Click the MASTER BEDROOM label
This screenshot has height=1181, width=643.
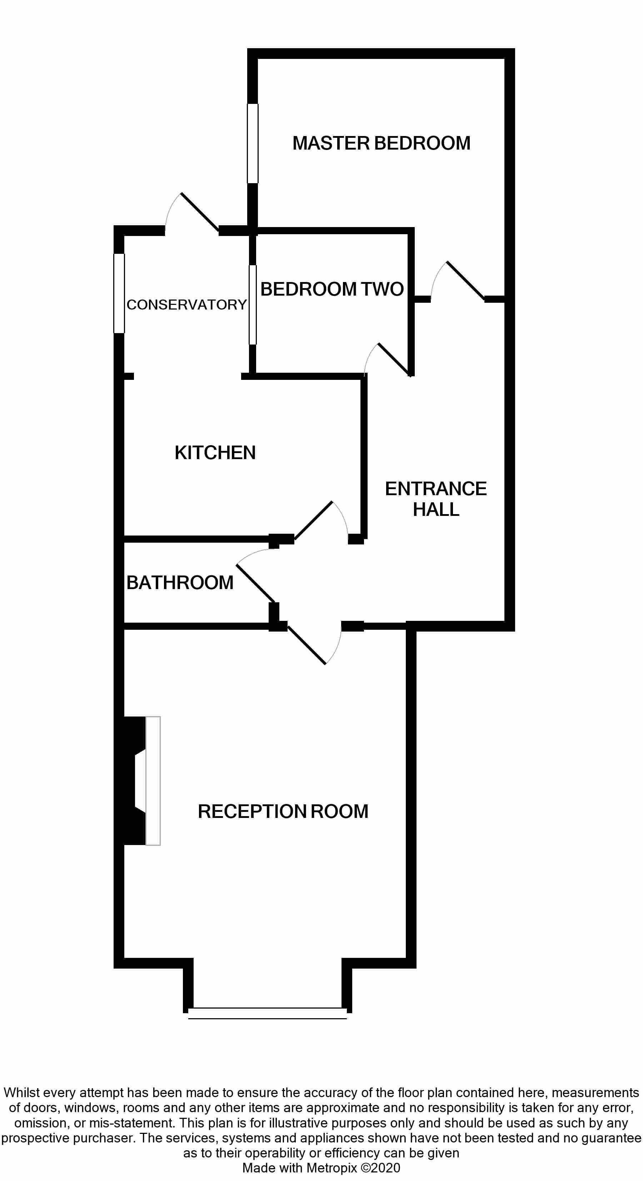(x=381, y=143)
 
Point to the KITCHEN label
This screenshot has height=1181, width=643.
(x=215, y=452)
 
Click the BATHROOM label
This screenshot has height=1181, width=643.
(x=180, y=583)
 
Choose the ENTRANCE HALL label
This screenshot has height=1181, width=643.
(x=436, y=499)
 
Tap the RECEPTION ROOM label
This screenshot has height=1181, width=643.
(x=283, y=811)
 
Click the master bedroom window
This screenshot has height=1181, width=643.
(x=253, y=144)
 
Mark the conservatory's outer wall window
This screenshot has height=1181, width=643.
(x=119, y=293)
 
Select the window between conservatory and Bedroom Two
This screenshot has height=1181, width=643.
(x=253, y=305)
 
